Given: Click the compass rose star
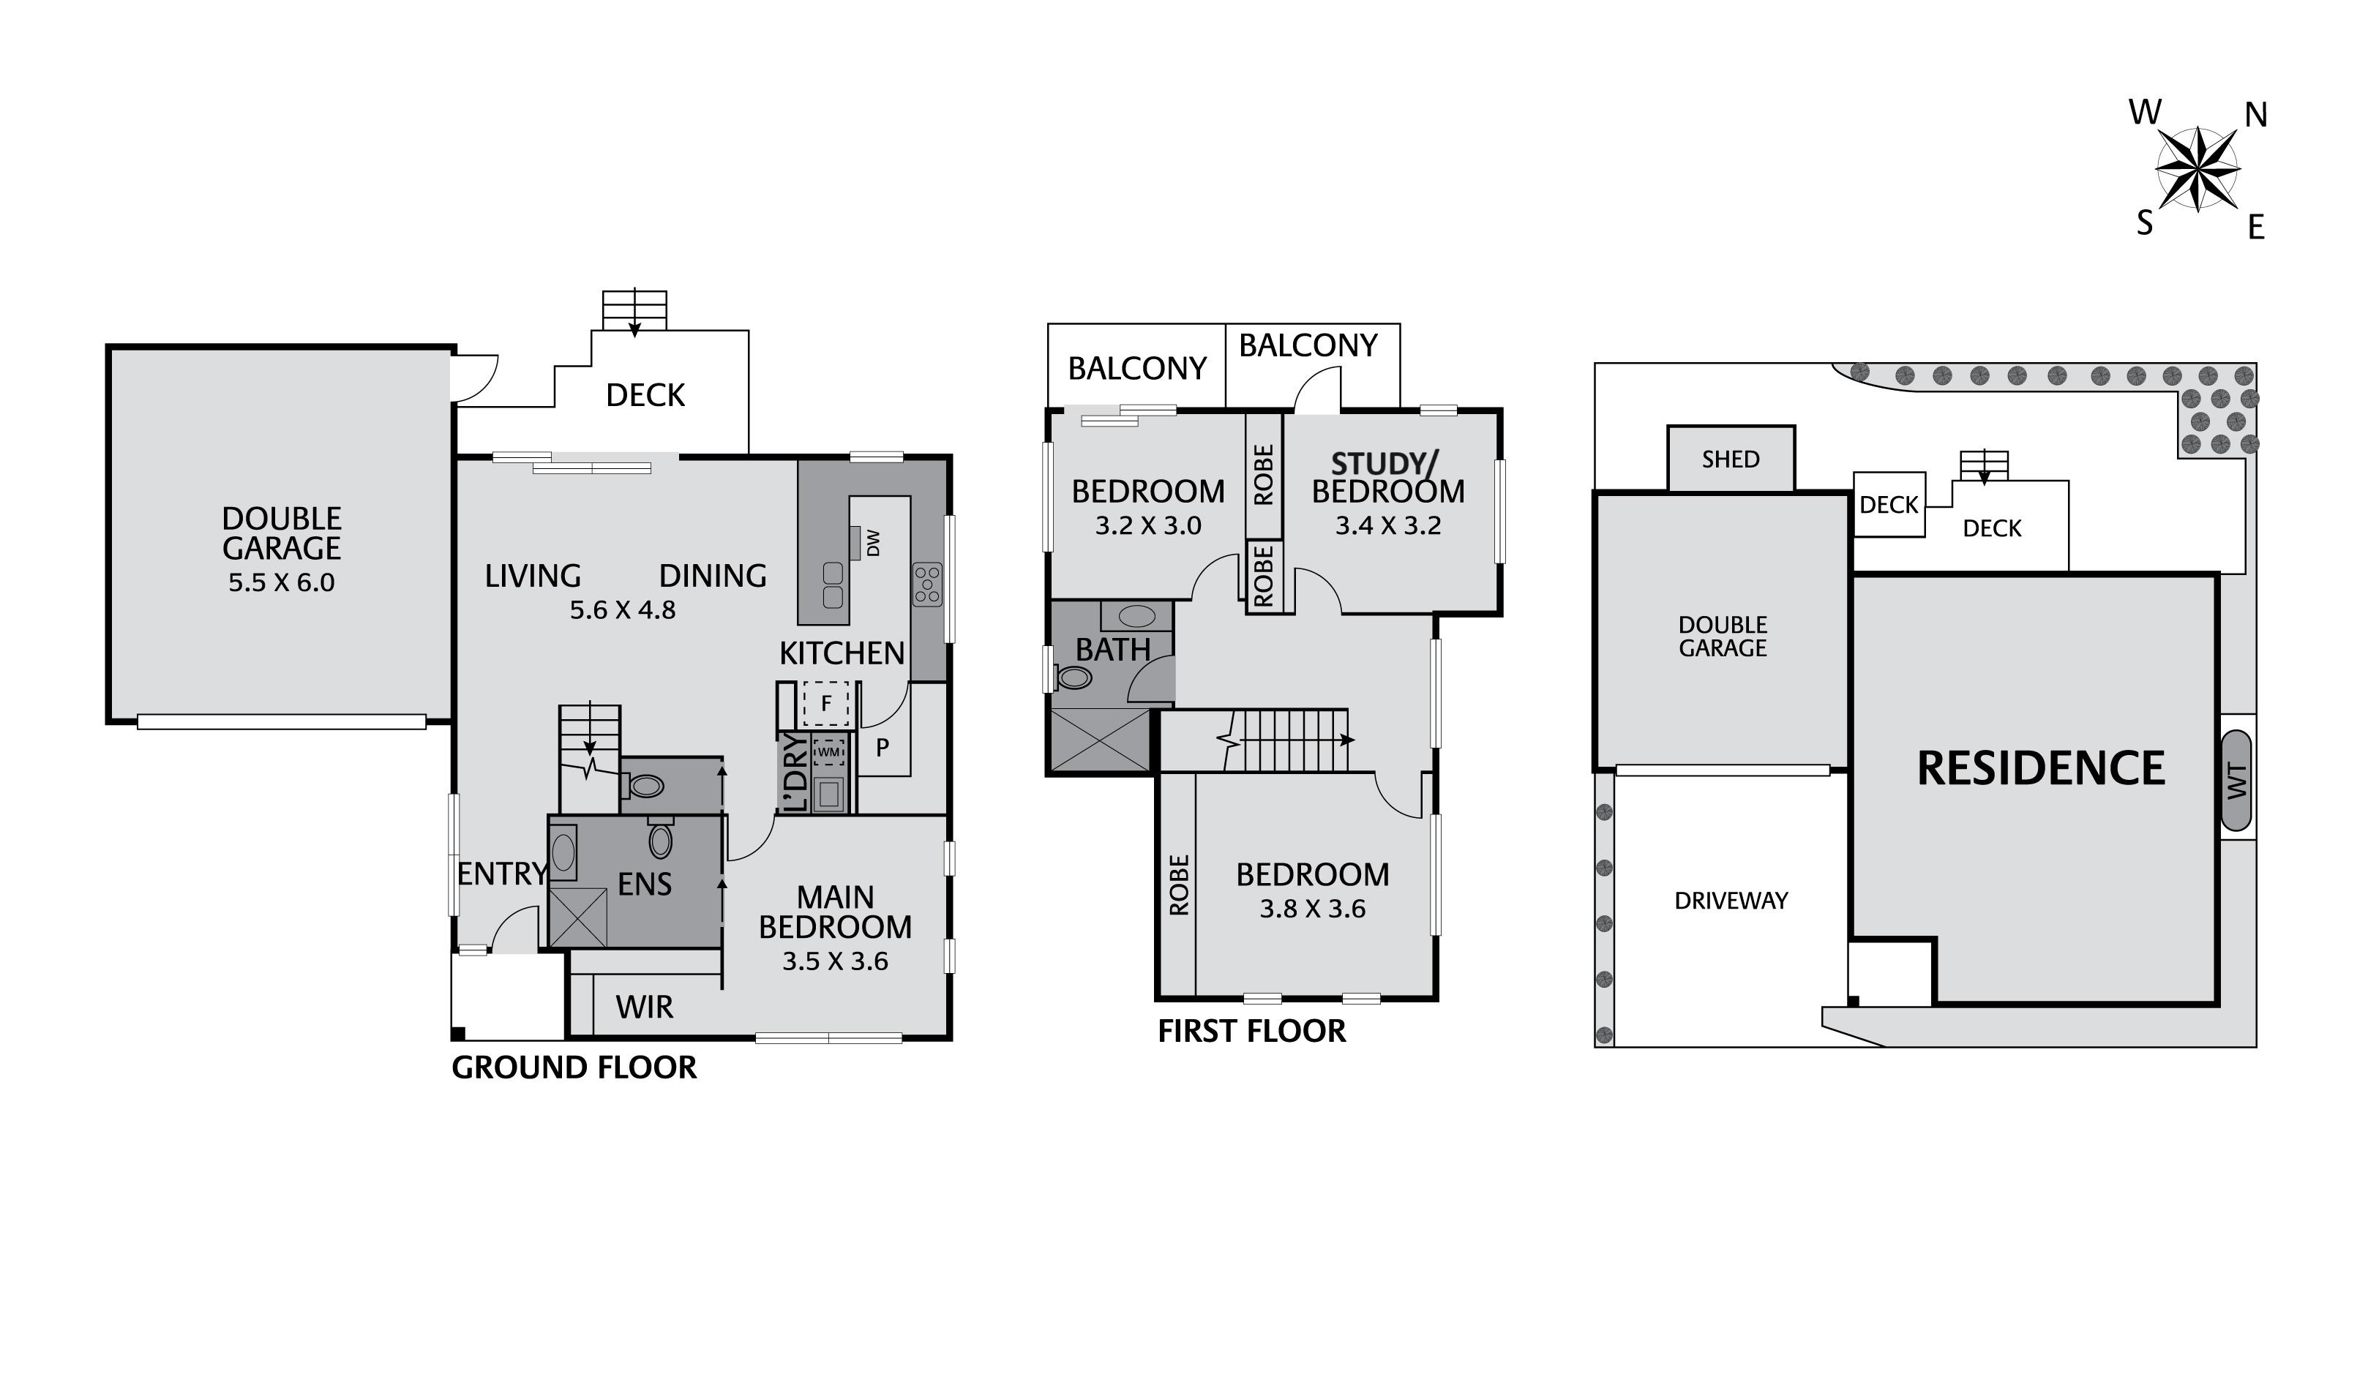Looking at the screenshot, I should [x=2197, y=169].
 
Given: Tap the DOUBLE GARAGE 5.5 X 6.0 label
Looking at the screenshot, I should [x=281, y=549].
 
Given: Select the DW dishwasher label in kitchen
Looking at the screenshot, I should [x=873, y=542].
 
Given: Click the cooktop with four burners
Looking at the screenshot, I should [x=926, y=585].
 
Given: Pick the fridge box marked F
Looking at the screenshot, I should [x=826, y=704].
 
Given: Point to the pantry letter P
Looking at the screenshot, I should [x=883, y=748].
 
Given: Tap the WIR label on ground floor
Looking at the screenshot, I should [x=645, y=1007].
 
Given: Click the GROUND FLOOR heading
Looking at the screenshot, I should [x=574, y=1067].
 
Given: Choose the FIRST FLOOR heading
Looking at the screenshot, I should [x=1251, y=1031].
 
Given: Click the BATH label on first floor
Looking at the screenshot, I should [x=1112, y=650].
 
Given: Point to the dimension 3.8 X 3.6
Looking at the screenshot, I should [x=1312, y=909].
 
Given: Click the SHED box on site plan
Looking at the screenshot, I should [x=1730, y=459].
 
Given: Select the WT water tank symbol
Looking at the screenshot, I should [x=2238, y=781].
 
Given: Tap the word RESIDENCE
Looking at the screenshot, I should [x=2040, y=767].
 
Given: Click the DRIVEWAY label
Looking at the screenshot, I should [x=1730, y=901].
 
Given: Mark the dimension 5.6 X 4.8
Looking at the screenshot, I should [x=622, y=610].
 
